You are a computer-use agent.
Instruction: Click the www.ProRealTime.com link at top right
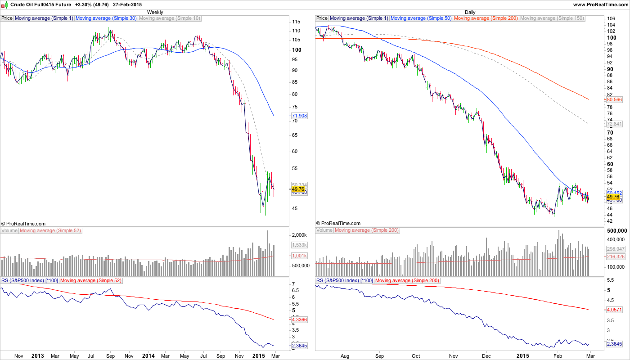(x=600, y=4)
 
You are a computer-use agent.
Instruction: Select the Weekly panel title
(x=155, y=12)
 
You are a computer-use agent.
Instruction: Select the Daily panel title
(x=470, y=12)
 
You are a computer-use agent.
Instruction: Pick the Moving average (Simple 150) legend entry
(x=552, y=18)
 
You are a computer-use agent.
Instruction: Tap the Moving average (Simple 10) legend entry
(x=170, y=18)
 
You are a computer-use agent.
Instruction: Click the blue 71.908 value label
(x=299, y=116)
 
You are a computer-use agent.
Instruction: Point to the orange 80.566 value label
(x=614, y=99)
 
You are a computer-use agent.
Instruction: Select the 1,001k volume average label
(x=299, y=256)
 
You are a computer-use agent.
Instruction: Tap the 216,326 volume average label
(x=616, y=256)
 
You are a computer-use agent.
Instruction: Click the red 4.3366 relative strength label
(x=299, y=319)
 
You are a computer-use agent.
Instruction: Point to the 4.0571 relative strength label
(x=614, y=310)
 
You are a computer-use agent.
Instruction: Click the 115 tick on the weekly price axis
(x=297, y=22)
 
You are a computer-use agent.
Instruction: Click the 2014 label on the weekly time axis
(x=148, y=355)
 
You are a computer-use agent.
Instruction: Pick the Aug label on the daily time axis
(x=345, y=355)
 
